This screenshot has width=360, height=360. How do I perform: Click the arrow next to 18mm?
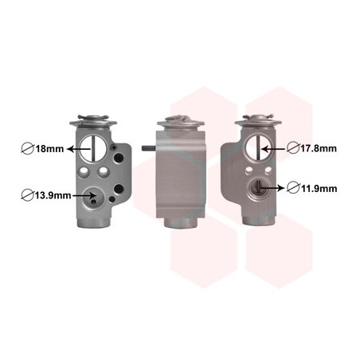coord(79,149)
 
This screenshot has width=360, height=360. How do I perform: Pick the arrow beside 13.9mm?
coord(84,196)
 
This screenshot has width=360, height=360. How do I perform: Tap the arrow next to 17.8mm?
coord(273,149)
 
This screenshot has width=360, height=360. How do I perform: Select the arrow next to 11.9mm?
coord(272,188)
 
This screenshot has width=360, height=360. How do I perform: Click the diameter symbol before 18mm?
coord(28,149)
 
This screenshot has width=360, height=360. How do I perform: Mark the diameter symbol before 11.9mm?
coord(293,188)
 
